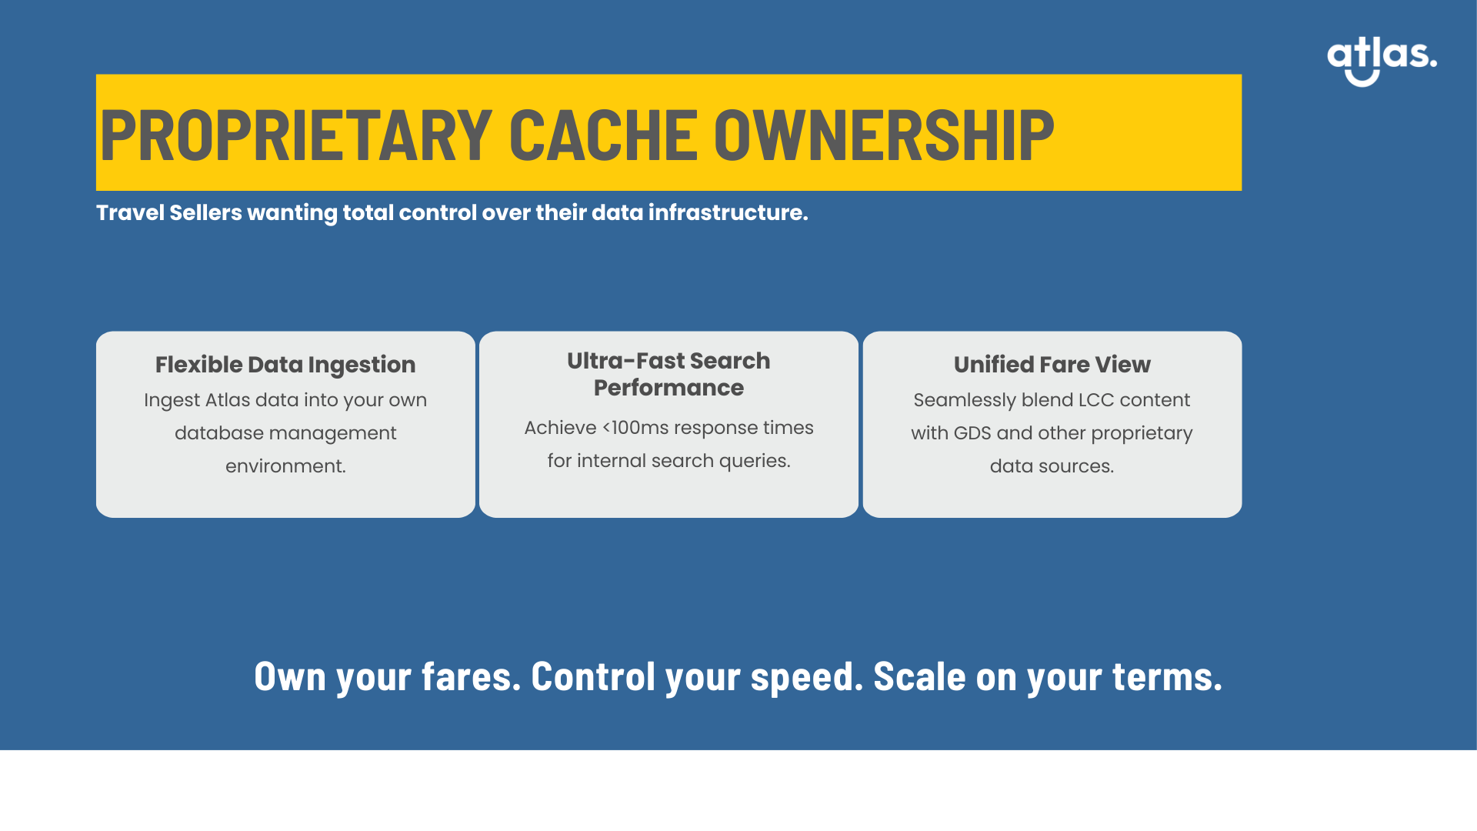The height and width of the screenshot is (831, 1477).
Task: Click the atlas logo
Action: pyautogui.click(x=1382, y=61)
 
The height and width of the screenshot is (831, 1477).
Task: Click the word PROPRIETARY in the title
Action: pyautogui.click(x=296, y=135)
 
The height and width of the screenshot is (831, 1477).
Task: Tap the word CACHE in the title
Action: pyautogui.click(x=603, y=135)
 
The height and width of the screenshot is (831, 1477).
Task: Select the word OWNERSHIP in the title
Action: pyautogui.click(x=884, y=135)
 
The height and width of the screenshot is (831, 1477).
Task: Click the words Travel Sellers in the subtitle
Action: pyautogui.click(x=169, y=212)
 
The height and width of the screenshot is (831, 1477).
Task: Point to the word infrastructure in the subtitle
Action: pyautogui.click(x=728, y=212)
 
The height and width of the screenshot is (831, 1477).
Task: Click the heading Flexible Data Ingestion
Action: pyautogui.click(x=285, y=365)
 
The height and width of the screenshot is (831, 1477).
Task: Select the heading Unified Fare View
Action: pyautogui.click(x=1052, y=365)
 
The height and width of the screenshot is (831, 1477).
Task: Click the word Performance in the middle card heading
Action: pyautogui.click(x=668, y=388)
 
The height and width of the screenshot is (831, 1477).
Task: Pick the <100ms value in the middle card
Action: pyautogui.click(x=635, y=428)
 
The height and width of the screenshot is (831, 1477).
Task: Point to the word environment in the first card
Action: pyautogui.click(x=285, y=466)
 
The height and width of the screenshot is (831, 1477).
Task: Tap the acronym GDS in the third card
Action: pyautogui.click(x=972, y=433)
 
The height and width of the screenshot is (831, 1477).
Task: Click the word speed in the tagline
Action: pyautogui.click(x=807, y=678)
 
